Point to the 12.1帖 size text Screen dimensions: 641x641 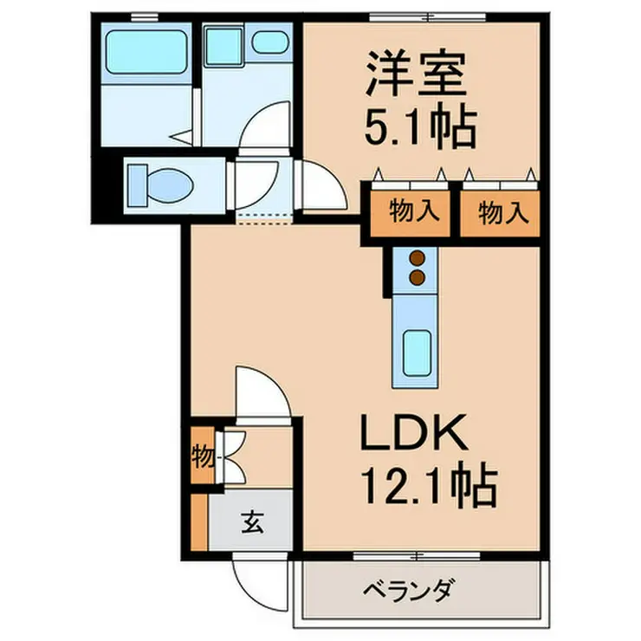point(425,488)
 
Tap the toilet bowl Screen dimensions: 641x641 point(161,185)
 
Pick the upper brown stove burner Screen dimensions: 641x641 point(418,258)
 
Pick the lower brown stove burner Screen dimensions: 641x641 point(418,277)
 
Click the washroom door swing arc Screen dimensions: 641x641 point(268,128)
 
